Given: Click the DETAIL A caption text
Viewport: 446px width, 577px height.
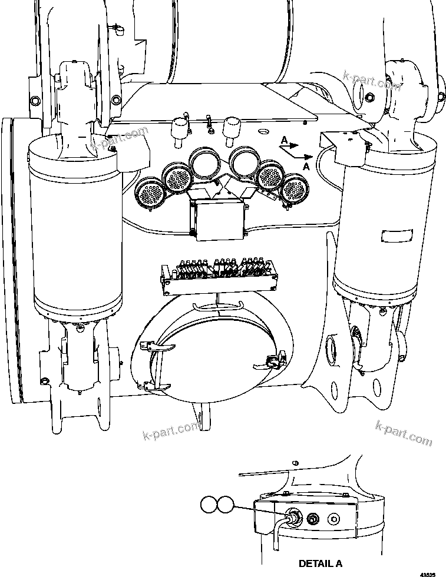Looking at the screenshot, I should (320, 563).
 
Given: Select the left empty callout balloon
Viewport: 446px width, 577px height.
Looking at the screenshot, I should (208, 505).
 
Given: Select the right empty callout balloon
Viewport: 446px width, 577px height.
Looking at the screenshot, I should (225, 505).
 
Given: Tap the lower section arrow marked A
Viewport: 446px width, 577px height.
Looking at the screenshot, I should (303, 158).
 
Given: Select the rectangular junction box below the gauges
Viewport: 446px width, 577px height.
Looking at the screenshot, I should (216, 218).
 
